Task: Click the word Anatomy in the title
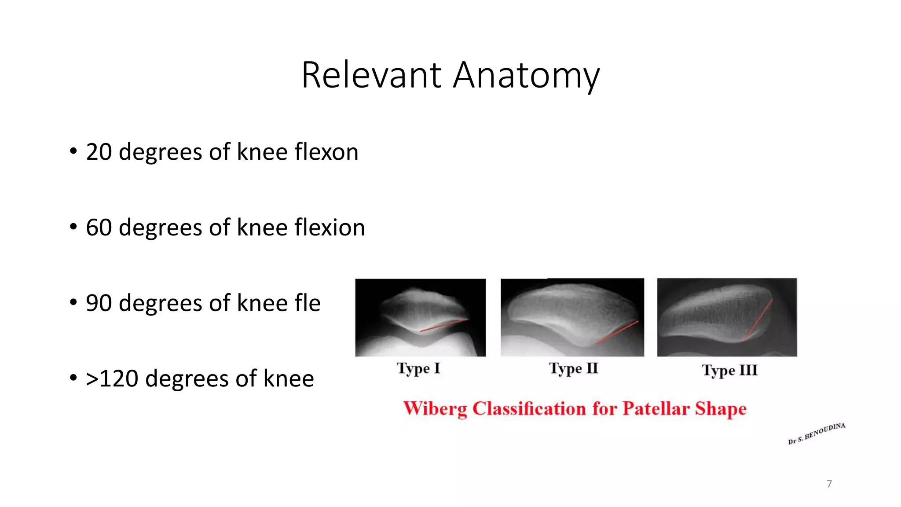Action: click(x=526, y=75)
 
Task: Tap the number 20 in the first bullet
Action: click(x=99, y=152)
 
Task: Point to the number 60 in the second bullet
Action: click(x=99, y=228)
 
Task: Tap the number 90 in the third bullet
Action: click(x=99, y=303)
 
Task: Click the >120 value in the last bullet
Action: click(x=112, y=379)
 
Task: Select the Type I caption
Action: click(x=418, y=368)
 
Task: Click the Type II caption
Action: click(x=574, y=368)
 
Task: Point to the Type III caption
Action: click(x=730, y=371)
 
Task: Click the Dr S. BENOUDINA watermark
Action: click(x=817, y=434)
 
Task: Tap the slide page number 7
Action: click(x=829, y=484)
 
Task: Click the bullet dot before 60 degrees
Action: click(x=73, y=227)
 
